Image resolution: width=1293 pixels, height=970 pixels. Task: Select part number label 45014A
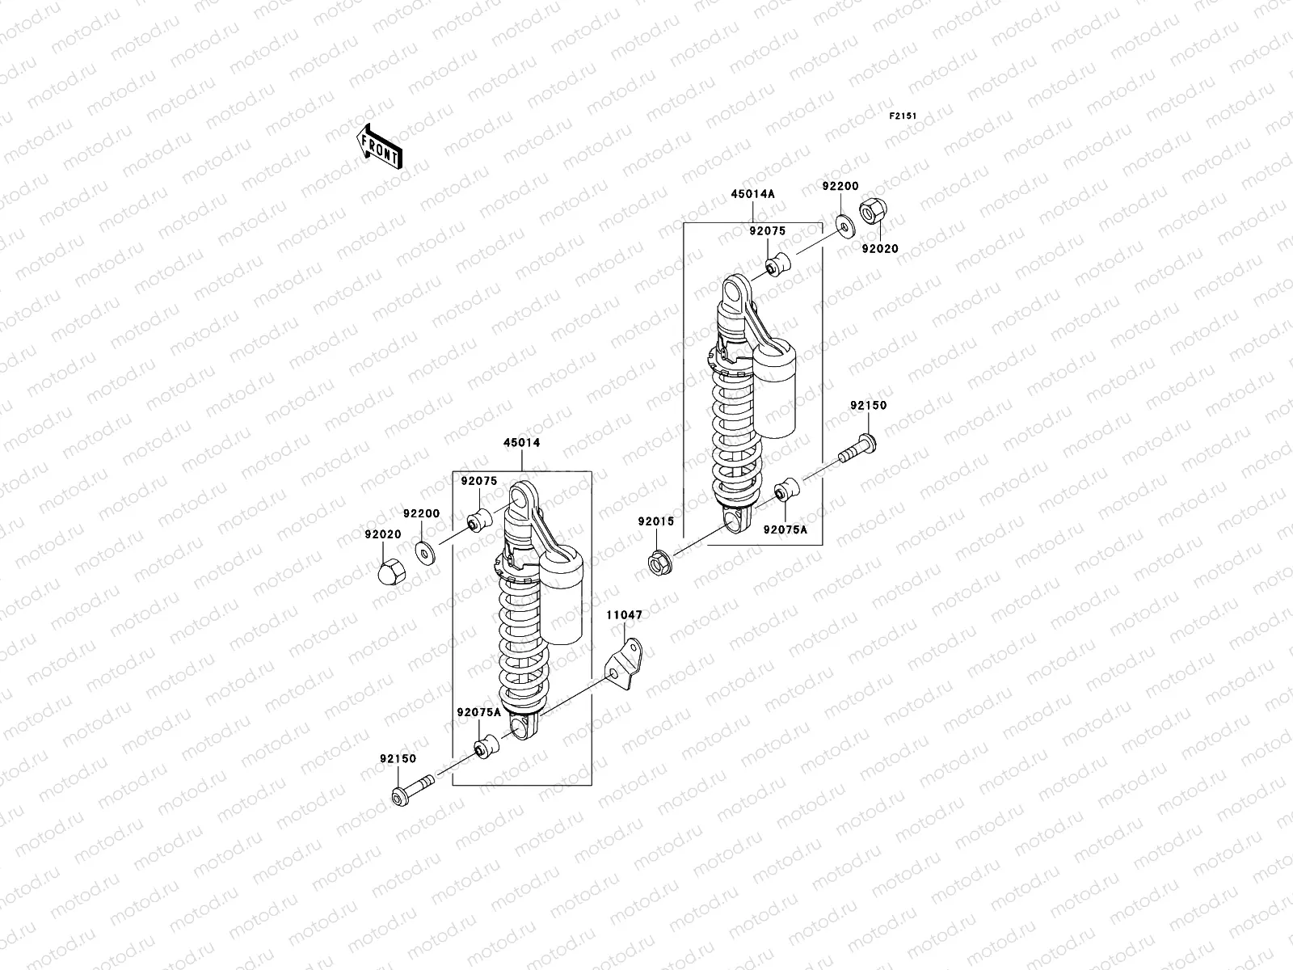point(752,193)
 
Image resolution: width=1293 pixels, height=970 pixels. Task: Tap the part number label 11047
point(625,615)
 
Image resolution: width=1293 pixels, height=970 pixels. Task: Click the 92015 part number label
point(655,521)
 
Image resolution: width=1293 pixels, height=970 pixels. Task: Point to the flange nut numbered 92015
point(659,560)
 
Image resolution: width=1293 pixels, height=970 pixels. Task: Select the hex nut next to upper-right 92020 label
point(870,213)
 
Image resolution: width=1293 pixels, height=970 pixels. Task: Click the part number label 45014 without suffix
point(521,443)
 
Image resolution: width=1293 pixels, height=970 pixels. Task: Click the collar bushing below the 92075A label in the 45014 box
point(486,747)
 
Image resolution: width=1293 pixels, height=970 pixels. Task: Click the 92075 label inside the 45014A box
point(766,230)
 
